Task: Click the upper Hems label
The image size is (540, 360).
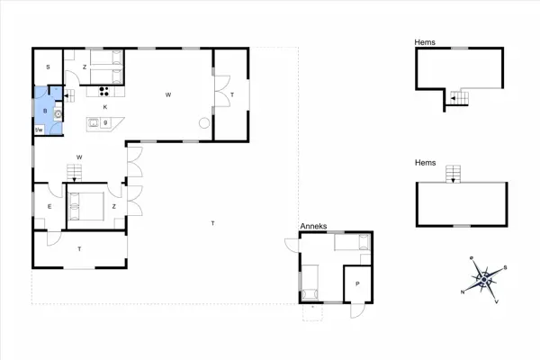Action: (x=426, y=41)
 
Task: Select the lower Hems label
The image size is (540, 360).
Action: (x=426, y=163)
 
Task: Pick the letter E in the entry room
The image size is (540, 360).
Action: (x=49, y=207)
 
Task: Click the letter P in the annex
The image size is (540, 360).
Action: (x=357, y=284)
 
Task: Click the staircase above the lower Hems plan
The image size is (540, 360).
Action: (x=452, y=173)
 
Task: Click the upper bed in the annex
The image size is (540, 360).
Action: (x=352, y=241)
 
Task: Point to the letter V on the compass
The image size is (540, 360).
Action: (x=498, y=301)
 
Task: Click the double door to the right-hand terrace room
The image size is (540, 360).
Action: (x=216, y=94)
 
